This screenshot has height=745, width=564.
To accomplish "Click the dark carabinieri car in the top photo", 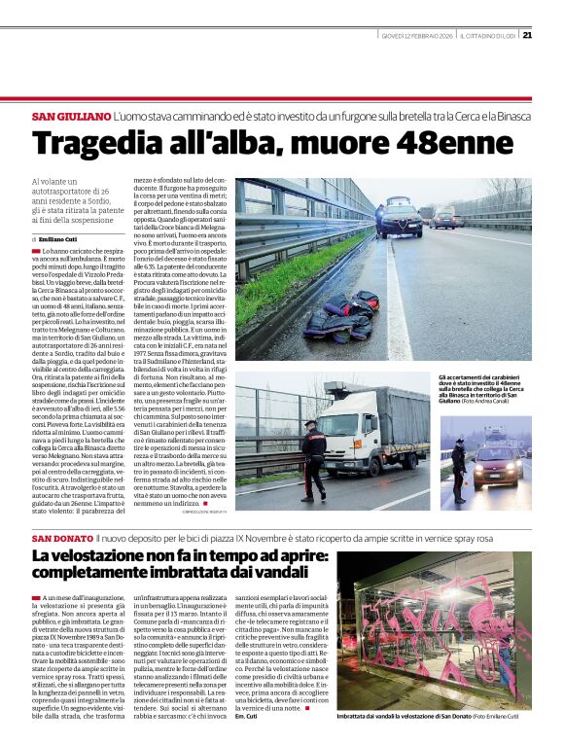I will [x=400, y=222].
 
